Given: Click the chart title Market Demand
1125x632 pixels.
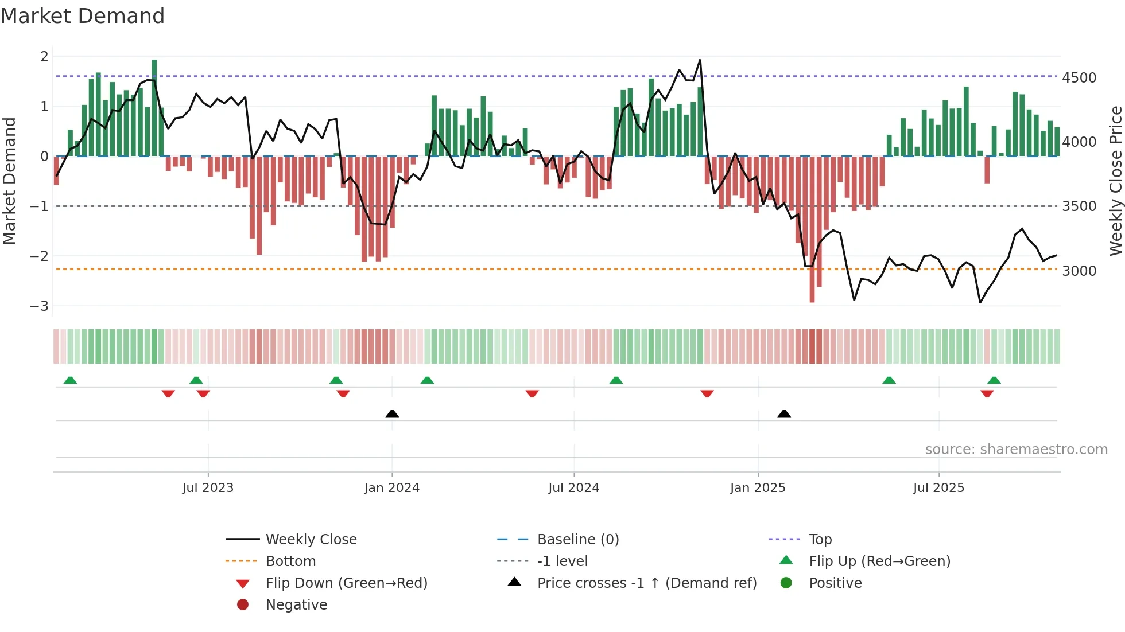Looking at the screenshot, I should click(83, 16).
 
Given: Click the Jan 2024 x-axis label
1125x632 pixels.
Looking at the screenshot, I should click(391, 488).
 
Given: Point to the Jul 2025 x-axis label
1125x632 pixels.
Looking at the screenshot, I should click(938, 488).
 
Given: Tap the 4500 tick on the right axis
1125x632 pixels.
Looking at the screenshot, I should click(1079, 78).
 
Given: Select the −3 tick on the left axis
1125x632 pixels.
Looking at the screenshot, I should click(39, 306).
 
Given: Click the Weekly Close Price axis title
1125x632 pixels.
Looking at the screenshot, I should click(1115, 181).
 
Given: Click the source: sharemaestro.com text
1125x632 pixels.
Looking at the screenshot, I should click(1016, 450).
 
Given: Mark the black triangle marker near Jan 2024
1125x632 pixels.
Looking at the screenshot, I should click(392, 413).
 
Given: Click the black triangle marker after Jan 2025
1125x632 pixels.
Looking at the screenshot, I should click(784, 413).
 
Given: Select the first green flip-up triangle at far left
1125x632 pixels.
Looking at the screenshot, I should click(70, 380).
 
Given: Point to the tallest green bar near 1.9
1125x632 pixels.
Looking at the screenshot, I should click(154, 108).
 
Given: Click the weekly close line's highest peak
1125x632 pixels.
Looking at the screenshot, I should click(700, 60).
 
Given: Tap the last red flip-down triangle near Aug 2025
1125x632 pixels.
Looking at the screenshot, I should click(987, 393).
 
